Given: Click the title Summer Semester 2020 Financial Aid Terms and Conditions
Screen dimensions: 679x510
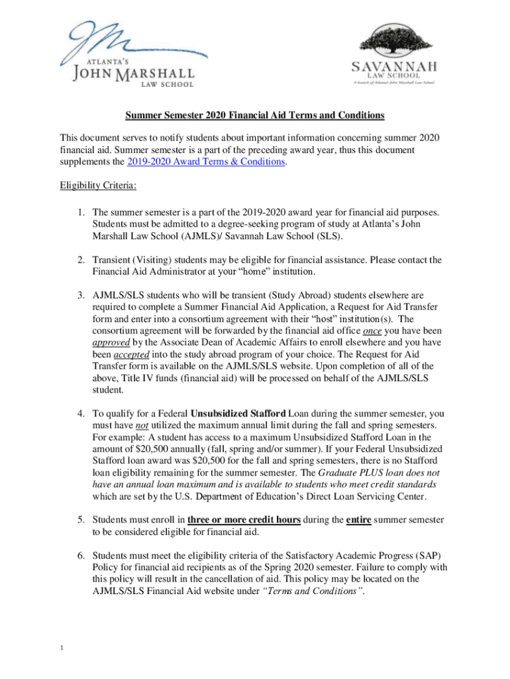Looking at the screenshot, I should click(x=255, y=115).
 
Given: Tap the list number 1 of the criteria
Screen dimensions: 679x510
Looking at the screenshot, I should click(x=79, y=212).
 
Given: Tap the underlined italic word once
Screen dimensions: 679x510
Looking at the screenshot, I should click(x=372, y=330).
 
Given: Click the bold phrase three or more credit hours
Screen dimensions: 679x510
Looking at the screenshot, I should click(x=244, y=519).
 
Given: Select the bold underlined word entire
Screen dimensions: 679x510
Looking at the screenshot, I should click(x=362, y=519).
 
